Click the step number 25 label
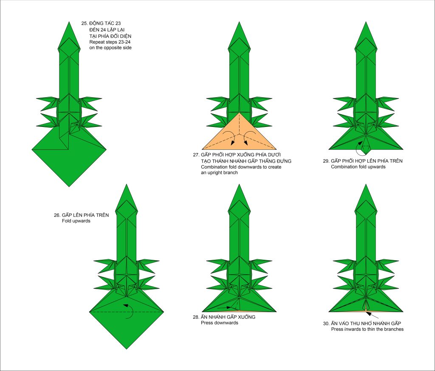[x=85, y=23]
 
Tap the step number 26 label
[x=57, y=215]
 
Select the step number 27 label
[x=196, y=155]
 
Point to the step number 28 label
[x=196, y=317]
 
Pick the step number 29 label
[x=326, y=161]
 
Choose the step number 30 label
[x=326, y=323]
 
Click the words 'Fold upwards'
[x=76, y=221]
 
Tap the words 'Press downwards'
[x=220, y=323]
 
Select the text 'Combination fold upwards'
[x=358, y=167]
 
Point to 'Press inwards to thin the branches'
[x=367, y=329]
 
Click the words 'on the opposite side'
[x=110, y=48]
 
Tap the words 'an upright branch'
[x=220, y=172]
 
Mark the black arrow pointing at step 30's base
[x=372, y=315]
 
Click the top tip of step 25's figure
[x=69, y=22]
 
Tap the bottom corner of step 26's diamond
[x=127, y=349]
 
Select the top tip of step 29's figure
[x=366, y=22]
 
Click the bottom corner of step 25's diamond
[x=69, y=187]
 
